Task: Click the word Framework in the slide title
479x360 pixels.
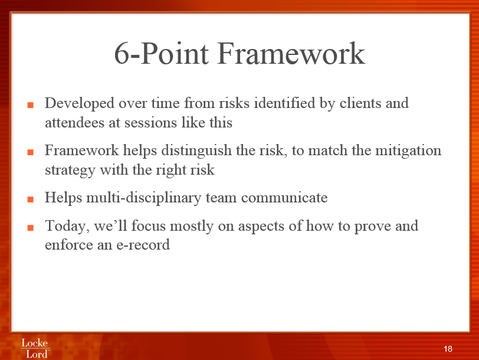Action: click(291, 54)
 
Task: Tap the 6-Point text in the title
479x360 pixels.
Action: click(162, 53)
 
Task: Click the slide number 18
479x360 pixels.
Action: click(448, 349)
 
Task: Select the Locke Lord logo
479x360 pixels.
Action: click(35, 348)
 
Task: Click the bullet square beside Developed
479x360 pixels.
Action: click(30, 105)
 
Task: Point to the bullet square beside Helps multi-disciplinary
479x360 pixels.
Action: click(30, 199)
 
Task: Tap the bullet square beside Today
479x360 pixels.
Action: click(30, 228)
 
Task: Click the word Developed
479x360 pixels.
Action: click(80, 104)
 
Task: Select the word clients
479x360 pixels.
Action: click(360, 103)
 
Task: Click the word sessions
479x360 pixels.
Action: click(150, 123)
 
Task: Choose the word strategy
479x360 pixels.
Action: click(70, 171)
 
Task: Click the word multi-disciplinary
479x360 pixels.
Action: click(143, 198)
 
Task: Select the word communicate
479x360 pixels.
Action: click(284, 198)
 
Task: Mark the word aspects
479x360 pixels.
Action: click(261, 227)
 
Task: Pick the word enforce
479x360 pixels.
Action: click(69, 244)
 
